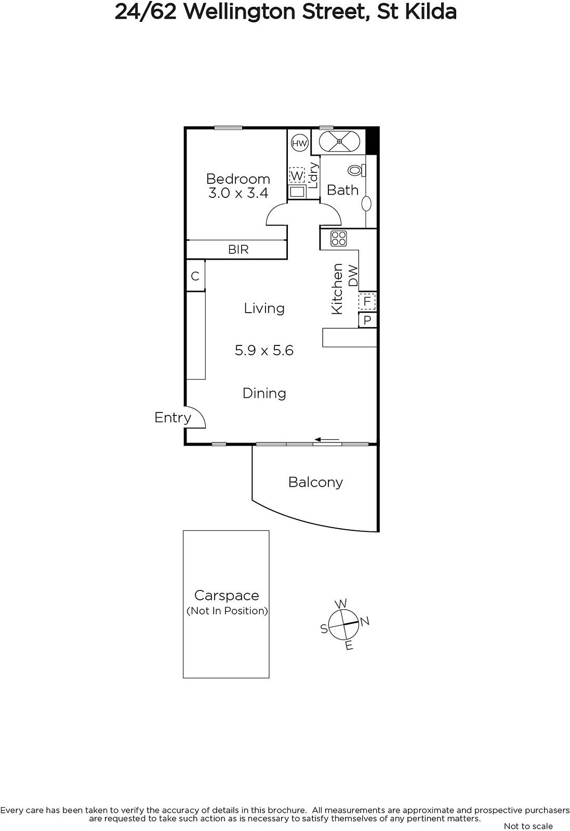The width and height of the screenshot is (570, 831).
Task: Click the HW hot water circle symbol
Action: (x=299, y=143)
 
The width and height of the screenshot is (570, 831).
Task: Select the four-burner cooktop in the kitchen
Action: (x=338, y=238)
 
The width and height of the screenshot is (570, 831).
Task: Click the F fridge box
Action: (x=367, y=301)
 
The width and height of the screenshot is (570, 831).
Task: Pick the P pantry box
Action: (x=367, y=320)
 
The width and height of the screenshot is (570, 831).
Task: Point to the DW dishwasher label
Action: (x=353, y=276)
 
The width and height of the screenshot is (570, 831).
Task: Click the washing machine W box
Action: (x=297, y=176)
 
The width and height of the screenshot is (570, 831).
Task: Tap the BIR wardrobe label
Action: (x=238, y=249)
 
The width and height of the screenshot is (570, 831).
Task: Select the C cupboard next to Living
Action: (x=195, y=276)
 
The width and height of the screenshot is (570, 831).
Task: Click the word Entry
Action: (x=173, y=418)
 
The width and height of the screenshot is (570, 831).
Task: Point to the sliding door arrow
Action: (x=326, y=439)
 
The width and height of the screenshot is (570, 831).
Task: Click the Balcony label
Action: (x=315, y=482)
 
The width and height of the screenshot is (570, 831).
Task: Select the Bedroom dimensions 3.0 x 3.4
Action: (x=238, y=193)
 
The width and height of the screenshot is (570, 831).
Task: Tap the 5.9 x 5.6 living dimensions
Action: (x=264, y=350)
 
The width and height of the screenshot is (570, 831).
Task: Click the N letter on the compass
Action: (x=365, y=621)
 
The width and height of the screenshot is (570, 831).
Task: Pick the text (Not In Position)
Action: (x=227, y=611)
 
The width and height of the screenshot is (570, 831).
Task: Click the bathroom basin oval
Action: (x=367, y=204)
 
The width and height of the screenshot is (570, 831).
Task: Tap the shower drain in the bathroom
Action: (x=339, y=141)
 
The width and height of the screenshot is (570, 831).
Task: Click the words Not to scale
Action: (x=528, y=826)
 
